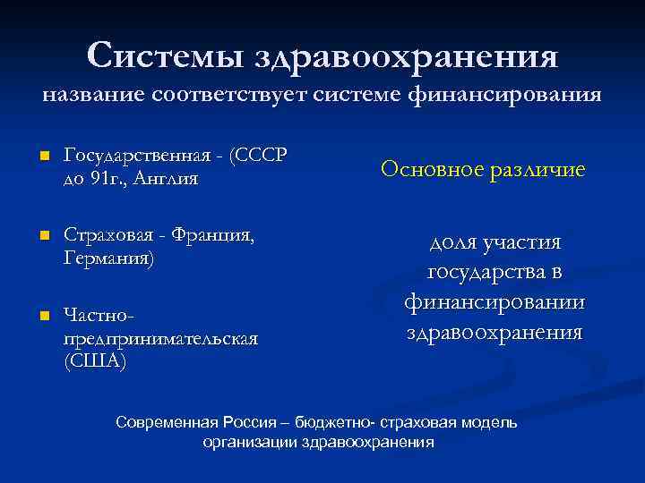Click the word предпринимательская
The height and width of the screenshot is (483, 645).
coord(160,338)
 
